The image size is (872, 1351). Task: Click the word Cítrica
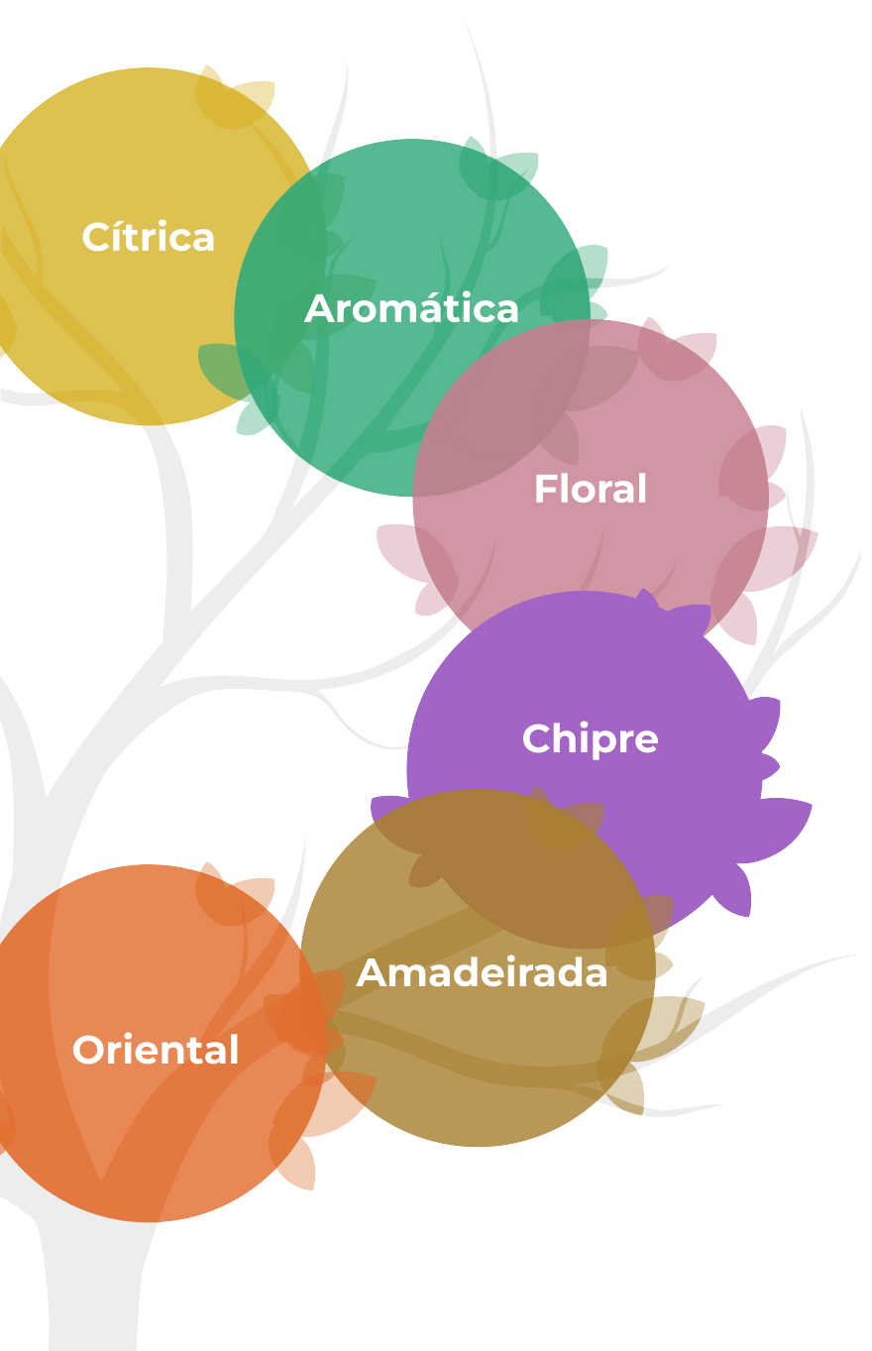coord(149,238)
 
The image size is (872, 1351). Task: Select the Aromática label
coord(411,309)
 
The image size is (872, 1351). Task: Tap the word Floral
coord(591,490)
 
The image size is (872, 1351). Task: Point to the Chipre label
coord(591,739)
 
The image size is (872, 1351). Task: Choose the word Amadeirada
coord(482,973)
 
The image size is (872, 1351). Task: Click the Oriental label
coord(156,1051)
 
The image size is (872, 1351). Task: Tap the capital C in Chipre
coord(536,739)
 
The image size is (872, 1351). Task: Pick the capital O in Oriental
coord(89,1051)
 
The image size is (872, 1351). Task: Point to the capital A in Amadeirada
coord(372,973)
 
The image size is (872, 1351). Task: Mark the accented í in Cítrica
coord(116,238)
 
